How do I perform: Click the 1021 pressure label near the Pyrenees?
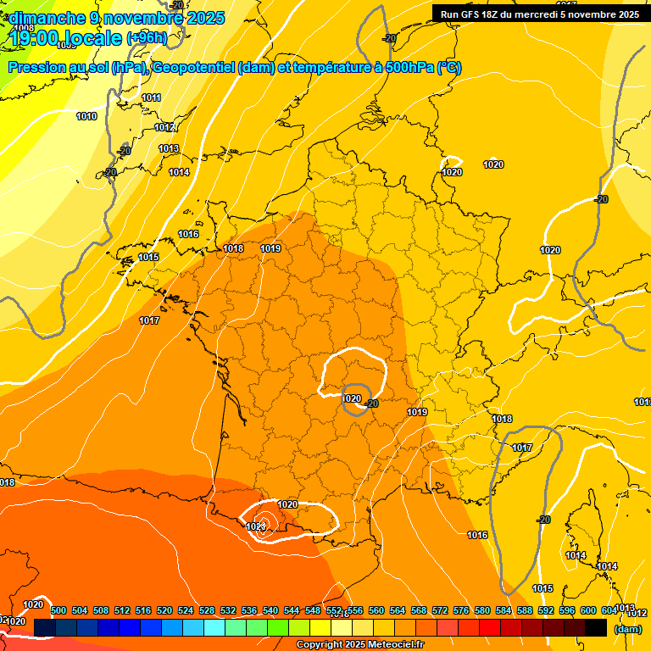pos(256,526)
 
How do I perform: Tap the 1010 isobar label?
pos(86,116)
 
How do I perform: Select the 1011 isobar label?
pos(151,97)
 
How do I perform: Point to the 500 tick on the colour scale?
pos(58,610)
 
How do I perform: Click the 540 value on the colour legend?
pos(270,610)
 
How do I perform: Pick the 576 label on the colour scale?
pos(461,610)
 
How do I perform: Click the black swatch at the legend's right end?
pos(596,627)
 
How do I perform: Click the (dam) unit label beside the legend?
pos(627,628)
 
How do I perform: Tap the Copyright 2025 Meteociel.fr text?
pos(359,645)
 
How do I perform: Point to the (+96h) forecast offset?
pos(147,37)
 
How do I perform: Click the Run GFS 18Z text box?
pos(539,14)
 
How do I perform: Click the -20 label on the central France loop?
pos(371,404)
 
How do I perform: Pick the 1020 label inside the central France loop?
pos(352,398)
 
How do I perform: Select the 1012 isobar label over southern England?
pos(164,127)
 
